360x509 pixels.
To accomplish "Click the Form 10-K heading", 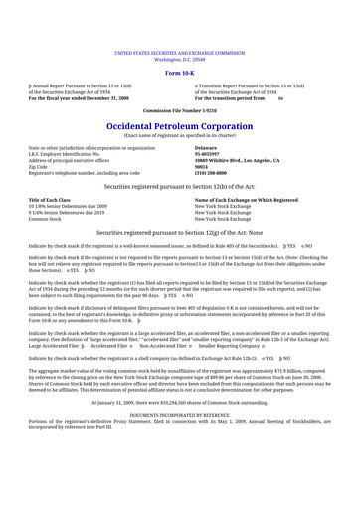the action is [179, 73].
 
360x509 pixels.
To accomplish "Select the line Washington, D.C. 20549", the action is [179, 55].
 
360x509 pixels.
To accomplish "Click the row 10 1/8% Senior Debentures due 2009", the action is [75, 206].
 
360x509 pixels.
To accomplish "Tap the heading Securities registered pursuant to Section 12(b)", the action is [179, 186].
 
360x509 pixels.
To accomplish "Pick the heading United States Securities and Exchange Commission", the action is [179, 49].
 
